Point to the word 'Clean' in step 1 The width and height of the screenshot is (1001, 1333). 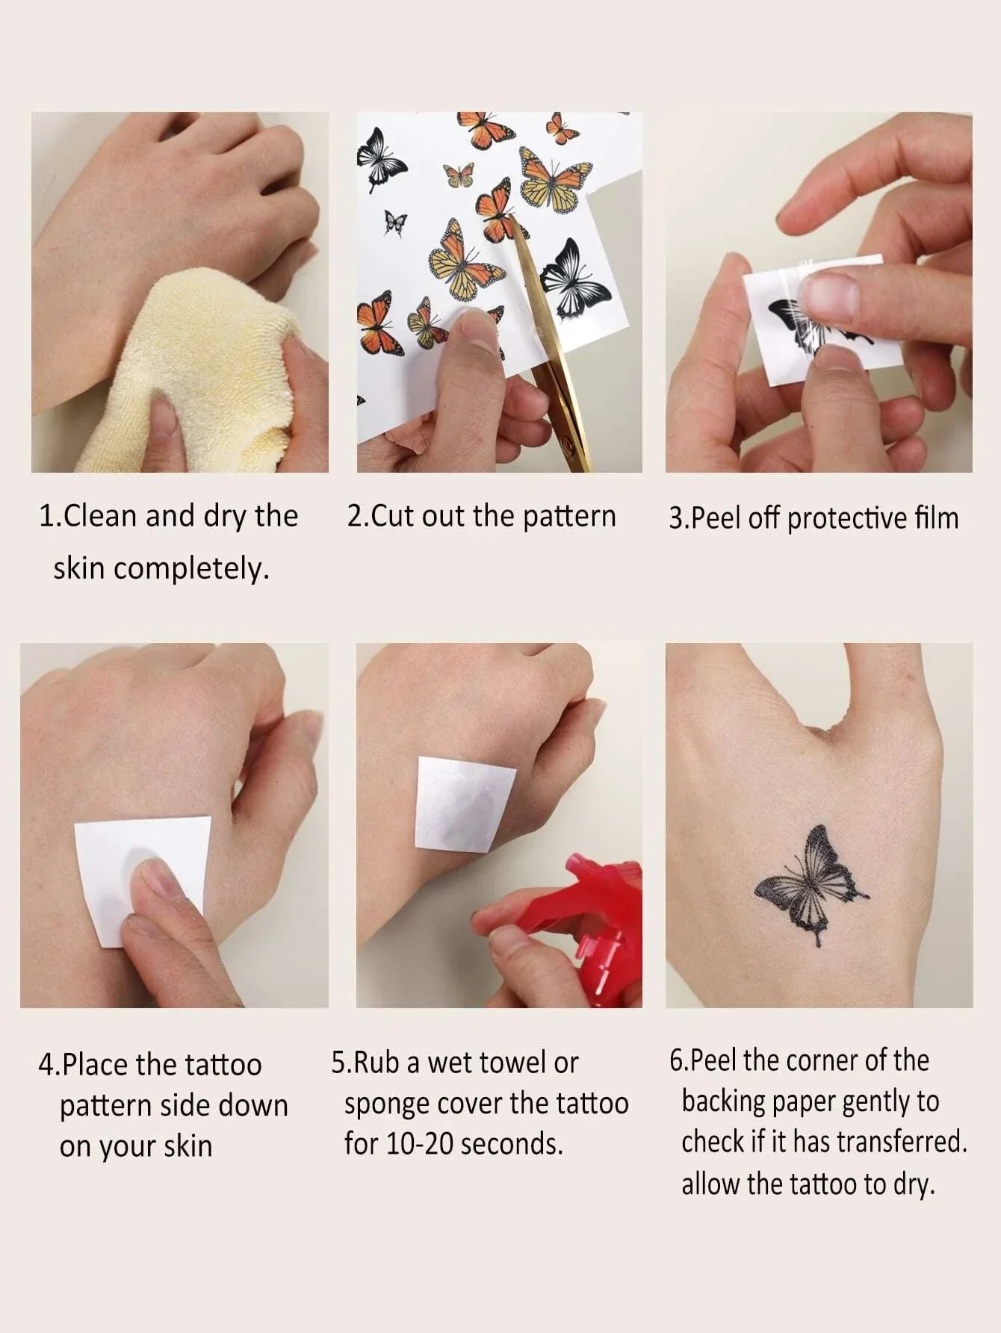(101, 516)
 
